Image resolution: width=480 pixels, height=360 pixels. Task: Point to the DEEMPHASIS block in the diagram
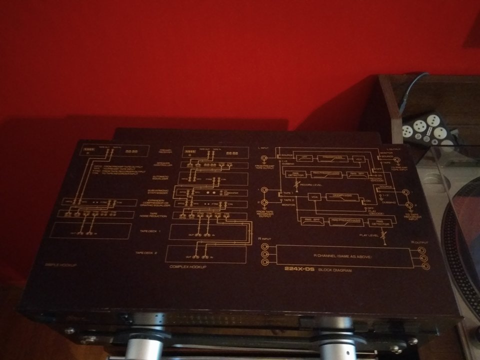click(x=340, y=197)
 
